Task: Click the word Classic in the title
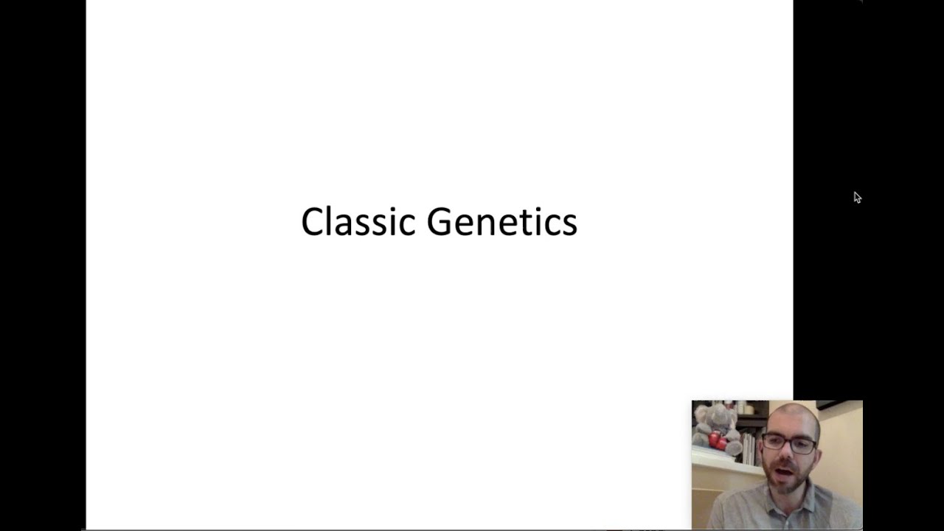[358, 222]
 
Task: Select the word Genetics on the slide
[502, 222]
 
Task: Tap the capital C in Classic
[312, 222]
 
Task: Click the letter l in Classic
[330, 221]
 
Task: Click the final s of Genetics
[569, 225]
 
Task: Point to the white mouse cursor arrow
[857, 197]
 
